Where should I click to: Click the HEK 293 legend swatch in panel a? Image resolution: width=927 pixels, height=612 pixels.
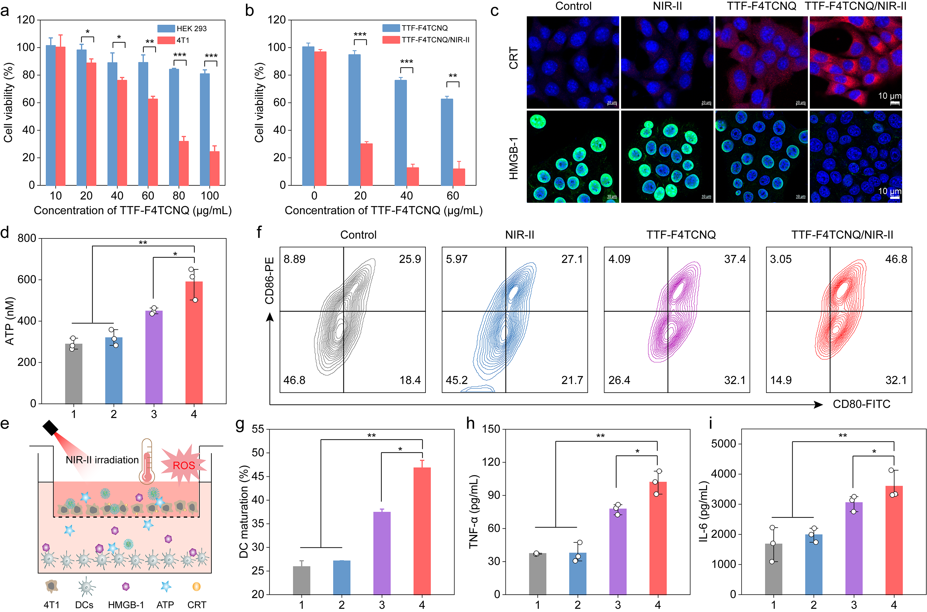(x=166, y=28)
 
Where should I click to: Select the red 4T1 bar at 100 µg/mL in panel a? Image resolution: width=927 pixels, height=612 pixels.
(x=214, y=168)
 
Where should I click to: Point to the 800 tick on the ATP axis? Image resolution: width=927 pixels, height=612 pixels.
(x=27, y=238)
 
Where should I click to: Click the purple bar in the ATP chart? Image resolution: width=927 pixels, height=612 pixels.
(x=154, y=357)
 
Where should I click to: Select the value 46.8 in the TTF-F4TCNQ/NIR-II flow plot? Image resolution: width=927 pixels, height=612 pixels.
(x=896, y=259)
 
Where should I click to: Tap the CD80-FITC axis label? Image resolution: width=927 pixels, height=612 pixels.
(x=861, y=404)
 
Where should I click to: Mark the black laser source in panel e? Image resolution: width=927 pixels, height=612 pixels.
(x=50, y=428)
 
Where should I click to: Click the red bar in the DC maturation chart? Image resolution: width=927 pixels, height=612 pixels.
(x=422, y=531)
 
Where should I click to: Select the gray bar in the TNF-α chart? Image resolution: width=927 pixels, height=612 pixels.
(x=537, y=573)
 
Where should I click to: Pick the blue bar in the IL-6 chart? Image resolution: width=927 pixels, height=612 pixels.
(x=814, y=564)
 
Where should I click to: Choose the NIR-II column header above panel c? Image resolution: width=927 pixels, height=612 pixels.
(x=667, y=6)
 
